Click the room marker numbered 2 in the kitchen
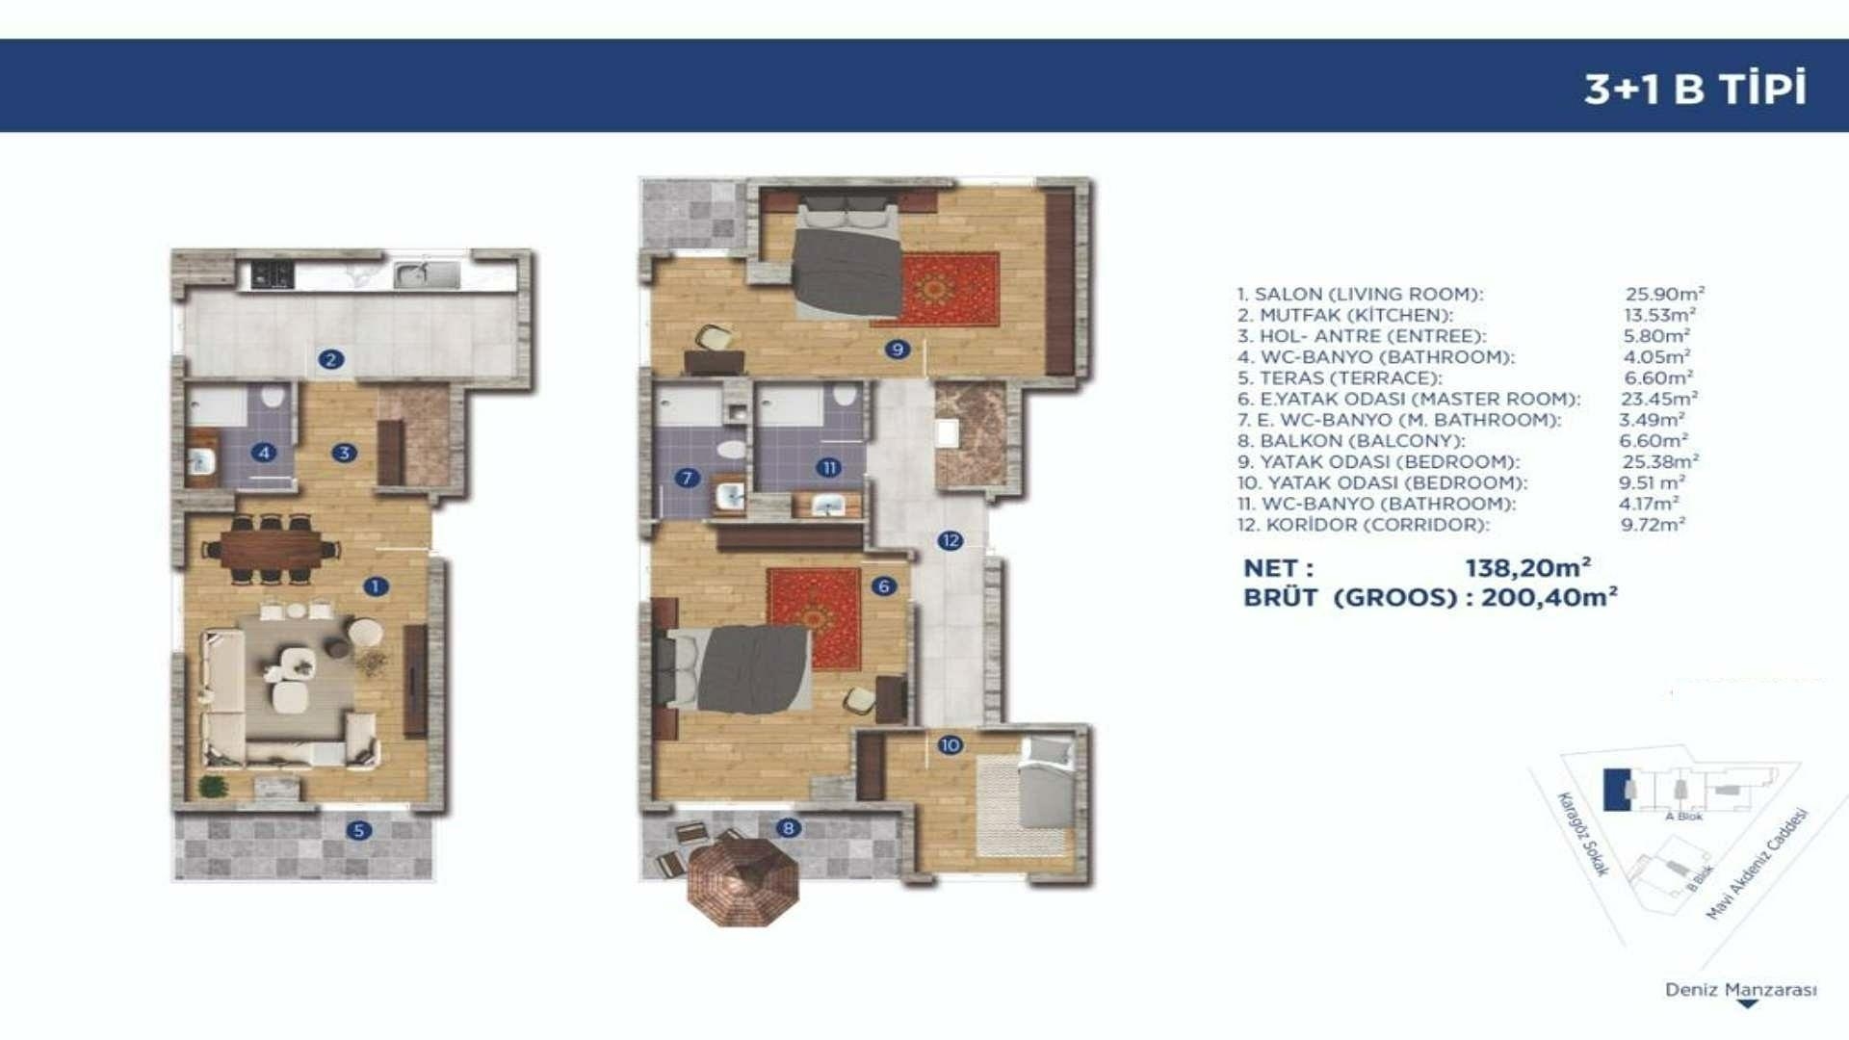click(x=330, y=359)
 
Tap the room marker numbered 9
click(x=897, y=349)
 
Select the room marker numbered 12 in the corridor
click(x=951, y=540)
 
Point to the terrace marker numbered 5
click(x=358, y=830)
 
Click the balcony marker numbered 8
click(x=788, y=827)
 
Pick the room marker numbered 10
click(x=950, y=744)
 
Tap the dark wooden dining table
click(x=272, y=550)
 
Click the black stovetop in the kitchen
click(x=272, y=274)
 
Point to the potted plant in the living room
click(x=212, y=786)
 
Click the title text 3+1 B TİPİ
click(x=1695, y=89)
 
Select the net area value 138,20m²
click(x=1528, y=568)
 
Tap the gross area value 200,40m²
click(x=1550, y=597)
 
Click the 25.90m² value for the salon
click(x=1665, y=294)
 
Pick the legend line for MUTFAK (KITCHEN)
click(x=1345, y=315)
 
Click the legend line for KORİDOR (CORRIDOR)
click(x=1363, y=525)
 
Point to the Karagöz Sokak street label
click(x=1583, y=834)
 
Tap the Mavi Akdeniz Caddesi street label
click(x=1758, y=864)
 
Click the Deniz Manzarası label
click(x=1741, y=990)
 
